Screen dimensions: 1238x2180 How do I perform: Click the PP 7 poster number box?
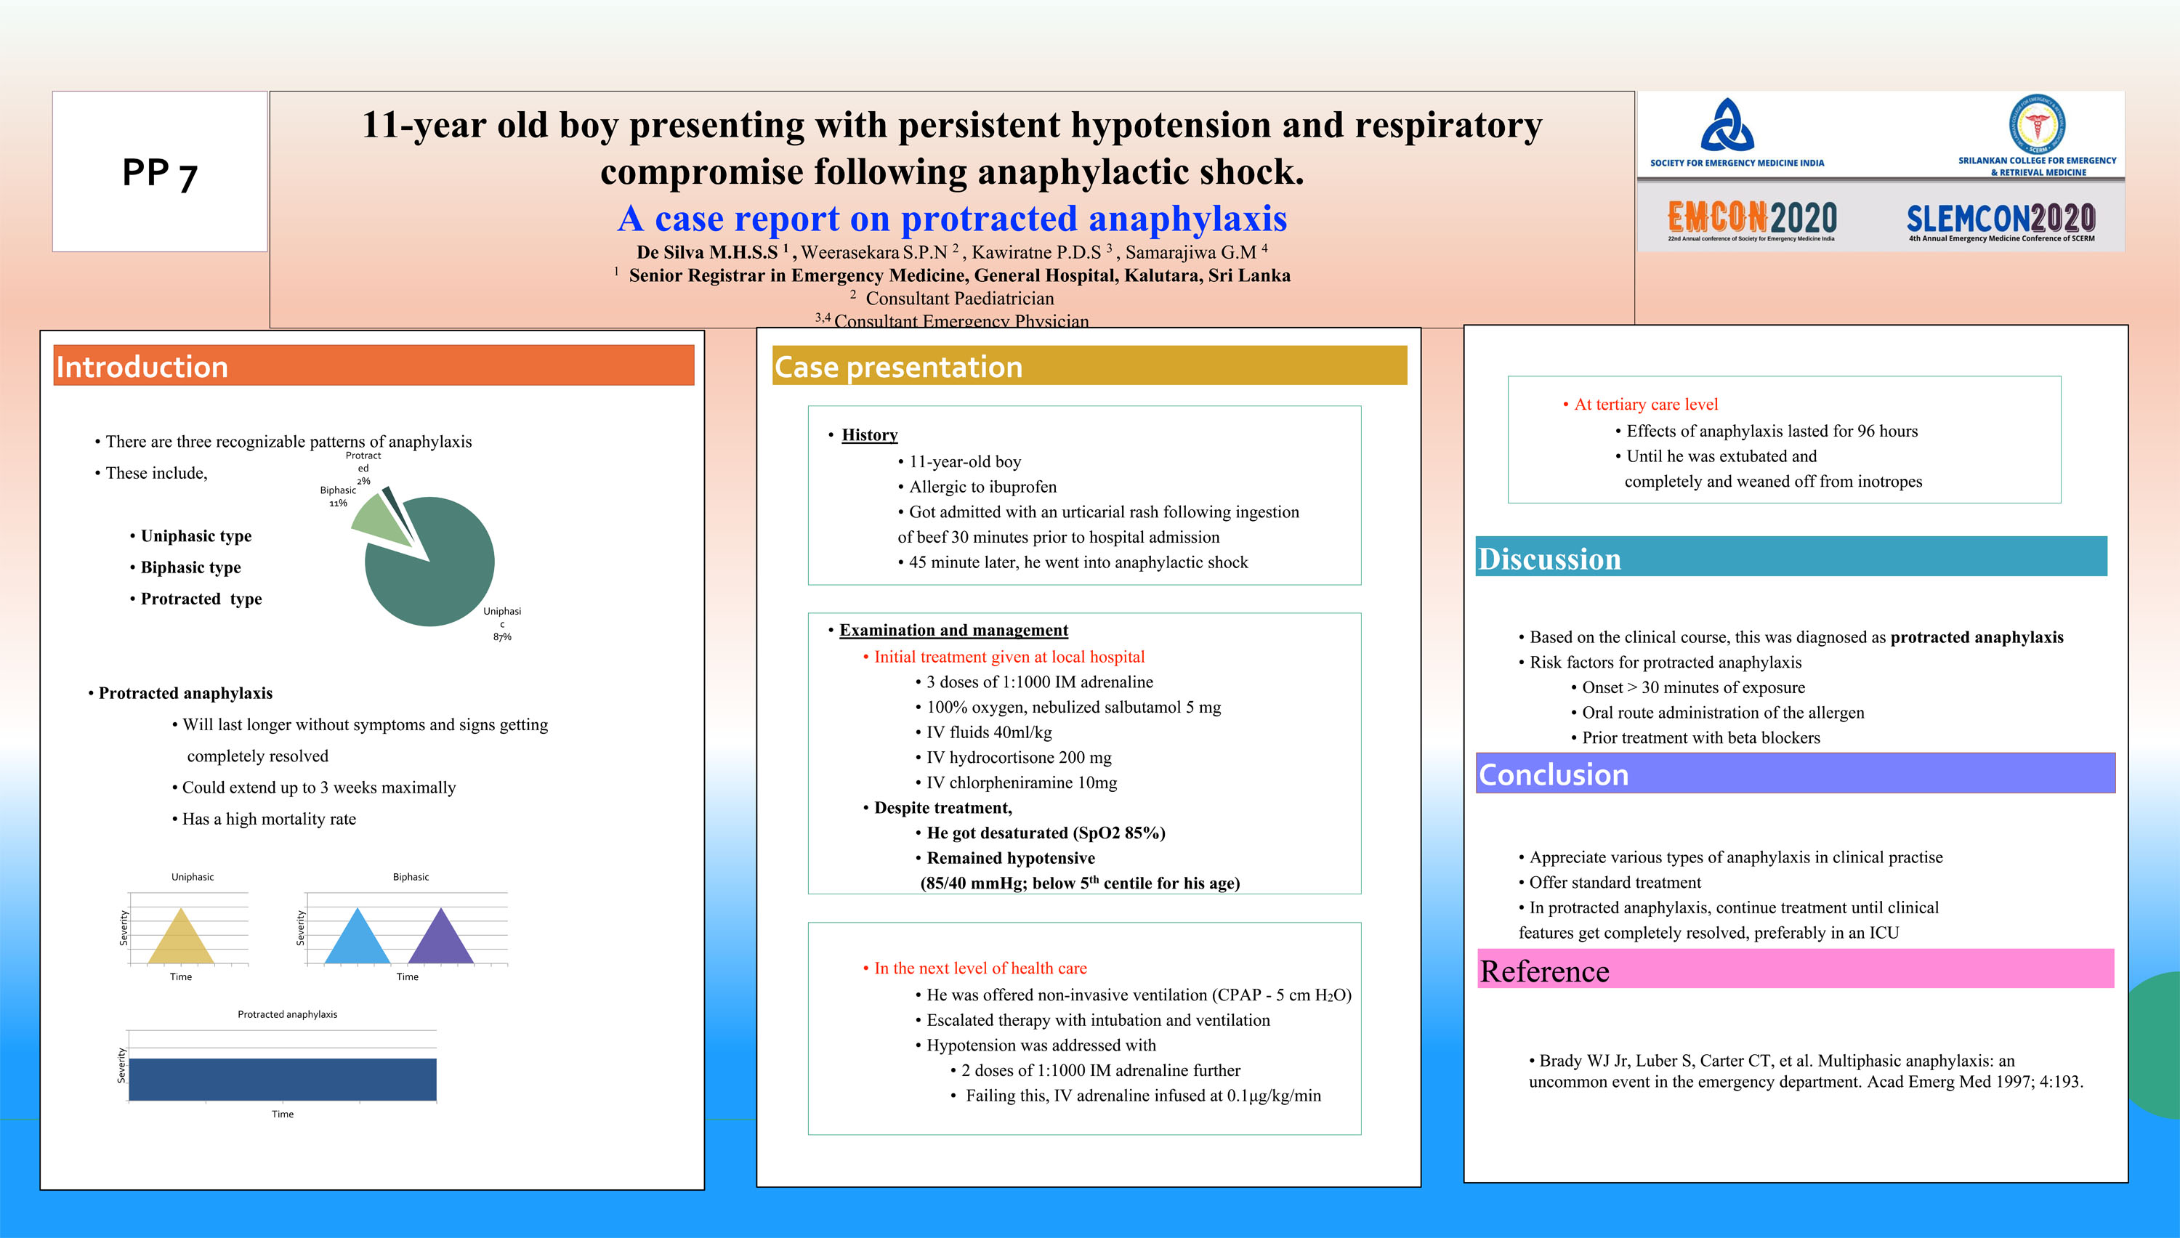pos(160,171)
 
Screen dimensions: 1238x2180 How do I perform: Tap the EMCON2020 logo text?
pos(1751,218)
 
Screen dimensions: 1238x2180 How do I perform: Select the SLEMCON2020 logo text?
pos(2001,219)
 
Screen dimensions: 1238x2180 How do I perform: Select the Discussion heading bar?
pos(1791,557)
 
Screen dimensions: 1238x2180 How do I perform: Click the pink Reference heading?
pos(1794,969)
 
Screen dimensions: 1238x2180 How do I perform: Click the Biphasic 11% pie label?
pos(338,495)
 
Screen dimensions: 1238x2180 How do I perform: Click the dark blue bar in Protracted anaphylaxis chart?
pos(281,1078)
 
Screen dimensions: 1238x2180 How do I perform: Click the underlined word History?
pos(869,434)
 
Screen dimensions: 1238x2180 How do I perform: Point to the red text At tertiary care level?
pos(1645,404)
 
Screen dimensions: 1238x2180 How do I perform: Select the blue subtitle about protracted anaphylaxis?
pos(951,218)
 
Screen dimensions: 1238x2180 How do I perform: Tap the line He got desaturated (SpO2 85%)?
pos(1045,833)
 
